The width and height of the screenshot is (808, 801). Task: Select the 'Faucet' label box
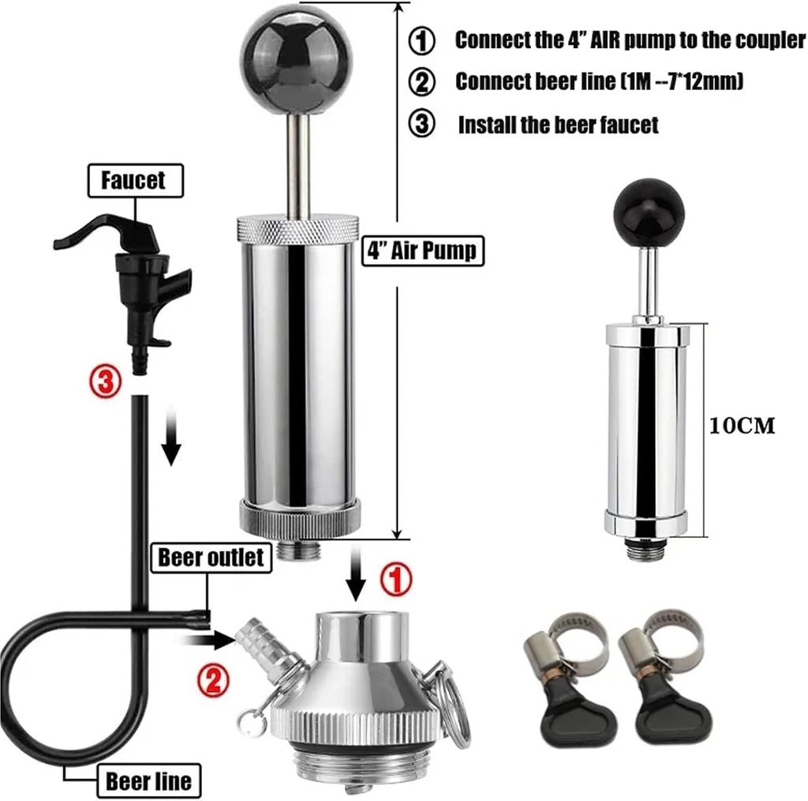(133, 181)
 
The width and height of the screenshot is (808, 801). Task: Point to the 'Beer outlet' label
(211, 558)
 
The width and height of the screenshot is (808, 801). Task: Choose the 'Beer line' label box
(148, 781)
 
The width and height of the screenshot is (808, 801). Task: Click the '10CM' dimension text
(742, 426)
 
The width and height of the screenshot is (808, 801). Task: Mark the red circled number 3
(105, 382)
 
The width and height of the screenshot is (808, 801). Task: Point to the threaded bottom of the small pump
(646, 549)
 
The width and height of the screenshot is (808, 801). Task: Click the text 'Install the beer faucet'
(558, 125)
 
